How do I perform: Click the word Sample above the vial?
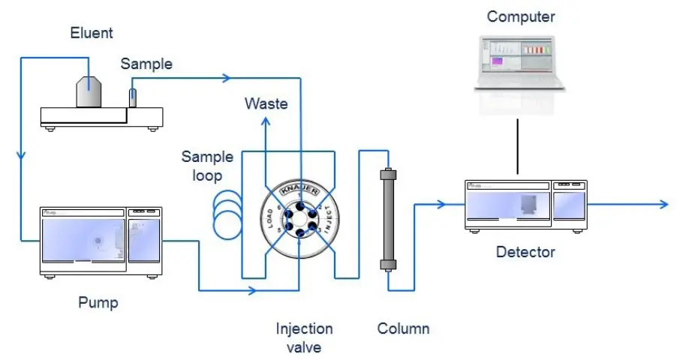click(146, 64)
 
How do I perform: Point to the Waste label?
click(266, 103)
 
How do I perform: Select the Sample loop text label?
click(207, 166)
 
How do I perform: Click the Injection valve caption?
click(304, 337)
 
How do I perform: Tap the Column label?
click(403, 328)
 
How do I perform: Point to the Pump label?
click(98, 303)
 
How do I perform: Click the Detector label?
click(525, 252)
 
